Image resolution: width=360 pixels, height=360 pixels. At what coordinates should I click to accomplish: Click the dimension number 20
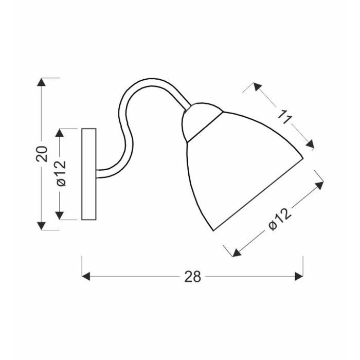pos(43,154)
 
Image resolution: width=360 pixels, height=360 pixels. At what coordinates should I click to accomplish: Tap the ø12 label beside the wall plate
pos(61,174)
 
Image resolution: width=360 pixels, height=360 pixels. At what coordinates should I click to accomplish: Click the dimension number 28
pos(192,277)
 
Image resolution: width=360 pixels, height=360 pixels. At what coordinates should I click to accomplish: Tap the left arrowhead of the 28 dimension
pos(86,277)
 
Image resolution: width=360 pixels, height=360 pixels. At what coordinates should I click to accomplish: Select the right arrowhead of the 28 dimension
pos(299,277)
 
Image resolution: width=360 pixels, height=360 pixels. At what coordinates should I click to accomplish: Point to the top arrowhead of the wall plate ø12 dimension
pos(61,133)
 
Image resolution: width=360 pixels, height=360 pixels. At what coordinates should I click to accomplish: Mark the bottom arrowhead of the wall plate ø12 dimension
pos(61,215)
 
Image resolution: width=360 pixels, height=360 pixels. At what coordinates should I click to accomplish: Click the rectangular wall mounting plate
pos(89,174)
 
